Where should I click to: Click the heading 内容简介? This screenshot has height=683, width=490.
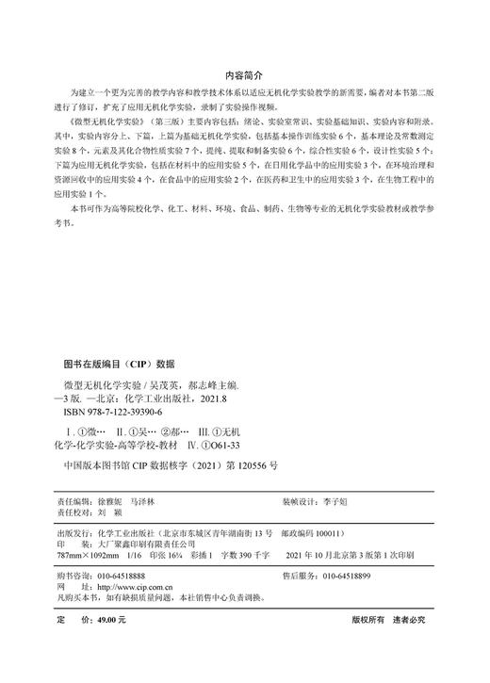point(245,73)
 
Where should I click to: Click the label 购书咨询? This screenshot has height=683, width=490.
point(75,575)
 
